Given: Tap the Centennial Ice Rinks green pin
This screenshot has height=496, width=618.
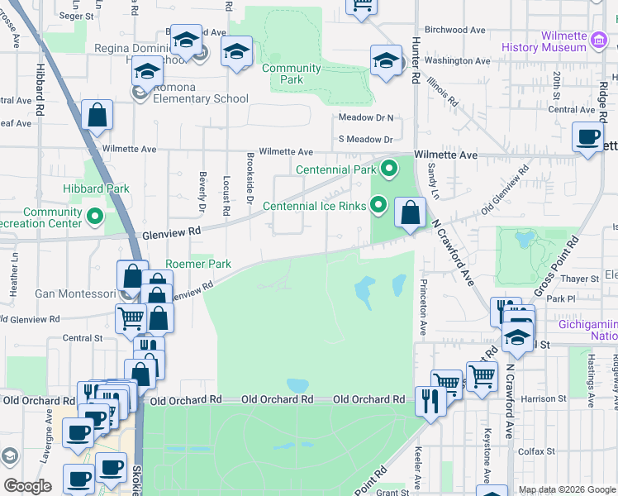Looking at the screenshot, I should pos(379,203).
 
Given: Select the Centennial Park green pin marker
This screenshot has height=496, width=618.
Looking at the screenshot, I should pos(389,169).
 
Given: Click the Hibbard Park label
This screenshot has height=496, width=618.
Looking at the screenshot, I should pos(97,188).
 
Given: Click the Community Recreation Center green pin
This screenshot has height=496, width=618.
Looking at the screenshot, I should pos(95,218).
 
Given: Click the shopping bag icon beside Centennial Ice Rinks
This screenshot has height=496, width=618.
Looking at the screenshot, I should pos(410,214).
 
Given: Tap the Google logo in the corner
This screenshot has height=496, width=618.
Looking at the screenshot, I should pos(27,486).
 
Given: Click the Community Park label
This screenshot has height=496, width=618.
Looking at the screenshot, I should pos(292,74).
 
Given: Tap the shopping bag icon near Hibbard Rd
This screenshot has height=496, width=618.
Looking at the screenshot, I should pos(97,117).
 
